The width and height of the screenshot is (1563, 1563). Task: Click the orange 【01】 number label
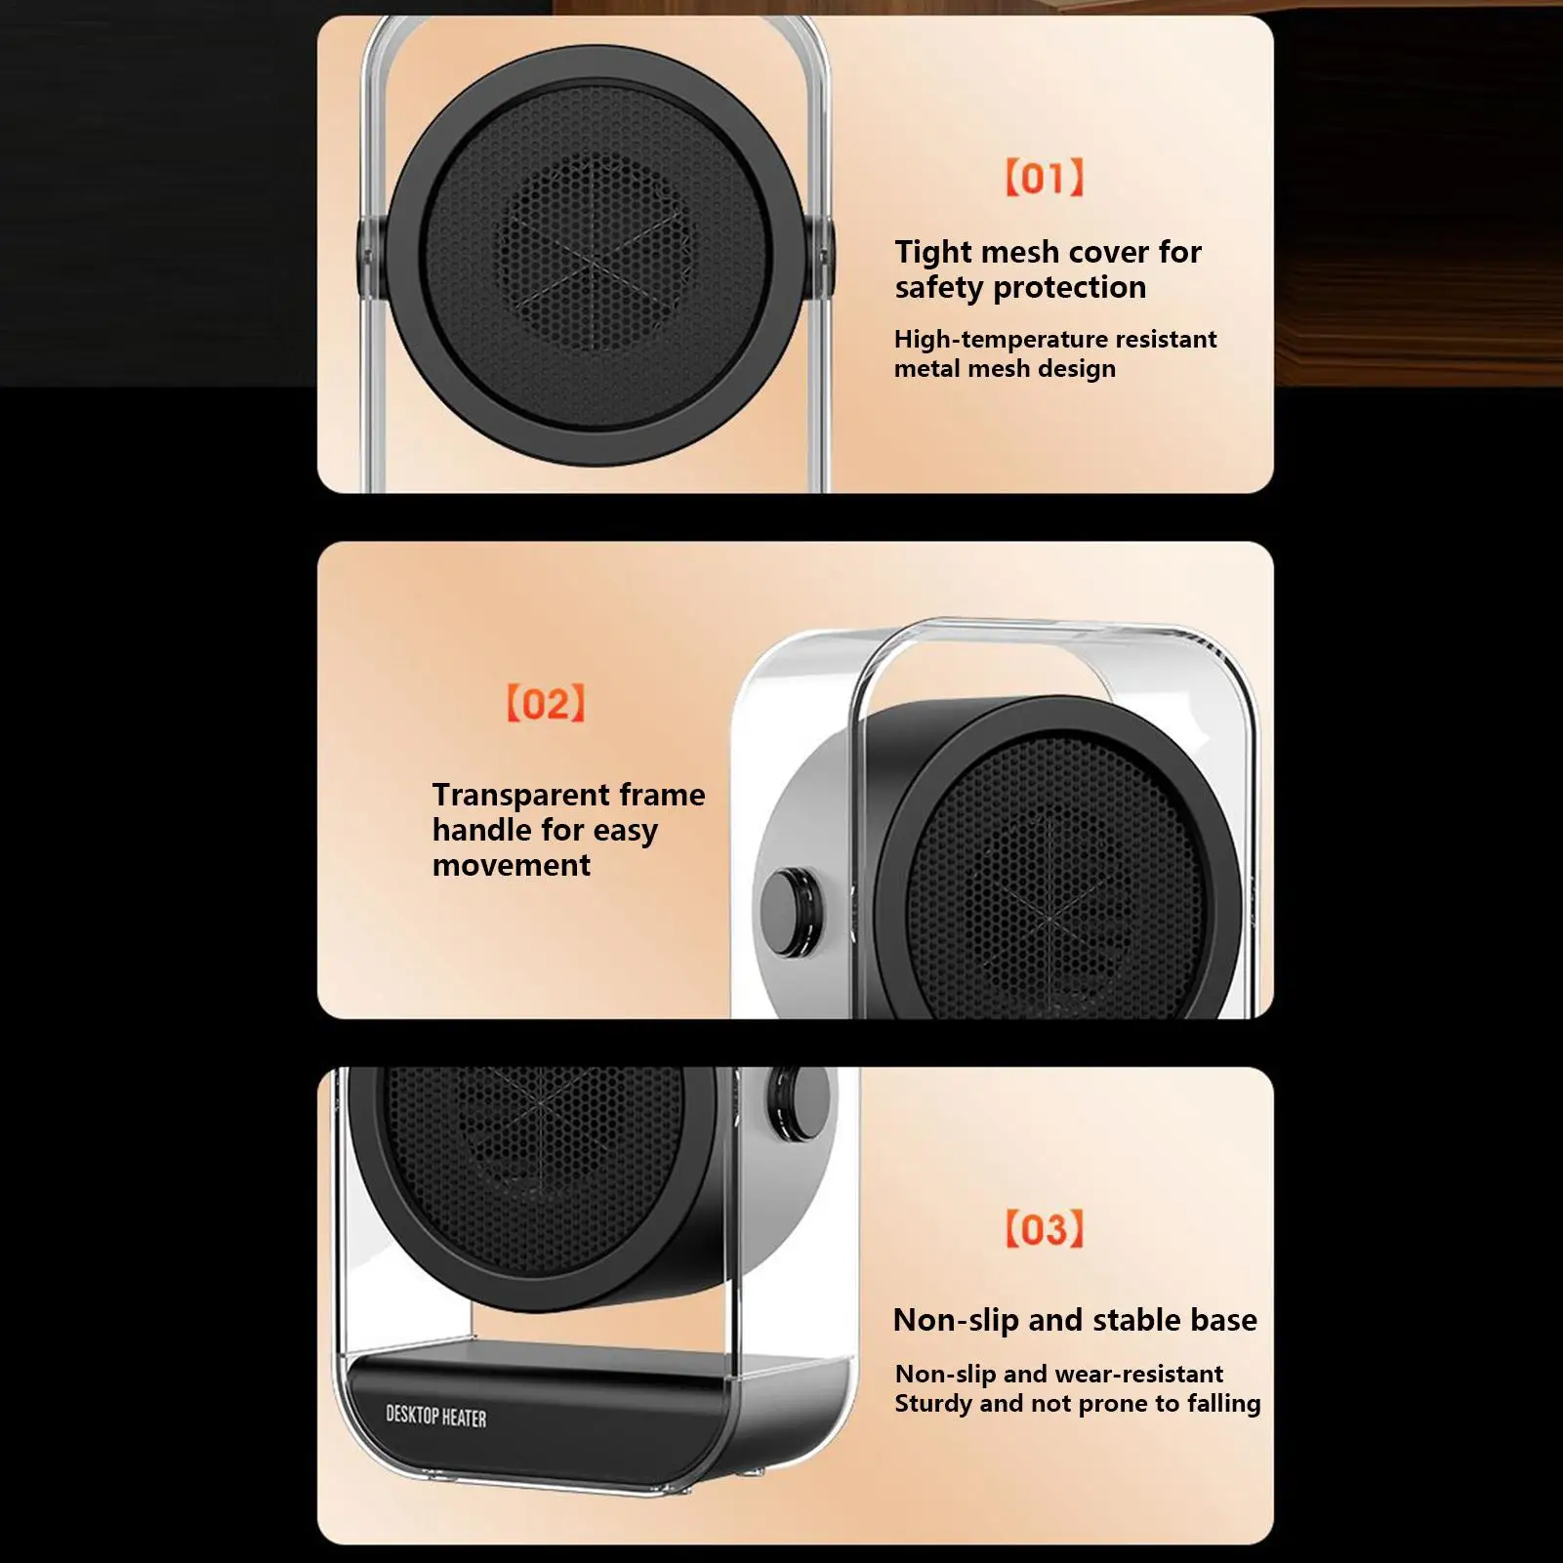pos(1044,178)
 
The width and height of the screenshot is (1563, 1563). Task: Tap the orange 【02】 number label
pos(546,703)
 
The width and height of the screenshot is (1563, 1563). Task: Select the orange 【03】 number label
pos(1044,1229)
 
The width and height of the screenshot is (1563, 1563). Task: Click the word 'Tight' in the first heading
pos(933,252)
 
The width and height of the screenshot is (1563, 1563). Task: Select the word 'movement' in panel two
pos(511,865)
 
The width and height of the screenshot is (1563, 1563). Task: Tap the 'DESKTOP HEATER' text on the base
pos(435,1416)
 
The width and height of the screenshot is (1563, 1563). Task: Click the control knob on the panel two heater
pos(791,912)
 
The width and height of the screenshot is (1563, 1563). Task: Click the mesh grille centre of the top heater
pos(596,253)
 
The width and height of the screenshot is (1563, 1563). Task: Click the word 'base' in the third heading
pos(1223,1320)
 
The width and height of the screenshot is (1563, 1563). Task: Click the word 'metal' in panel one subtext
pos(922,369)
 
